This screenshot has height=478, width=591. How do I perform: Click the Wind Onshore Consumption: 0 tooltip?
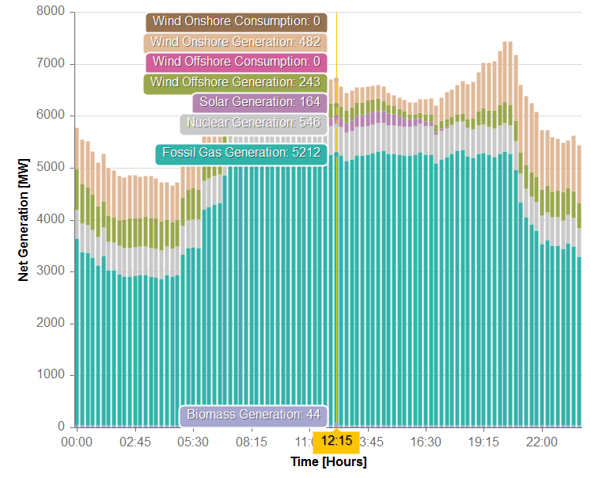click(x=237, y=21)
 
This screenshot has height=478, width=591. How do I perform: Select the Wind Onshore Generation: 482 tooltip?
click(x=236, y=42)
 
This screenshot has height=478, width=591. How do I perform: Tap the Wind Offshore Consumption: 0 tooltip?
click(x=236, y=62)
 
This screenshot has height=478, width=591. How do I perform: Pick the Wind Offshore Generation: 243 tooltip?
click(x=236, y=82)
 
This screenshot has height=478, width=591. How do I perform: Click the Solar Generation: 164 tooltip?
click(x=260, y=102)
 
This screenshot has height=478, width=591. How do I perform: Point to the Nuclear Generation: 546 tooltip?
click(x=253, y=123)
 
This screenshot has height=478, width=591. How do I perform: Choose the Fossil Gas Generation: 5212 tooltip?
click(x=241, y=153)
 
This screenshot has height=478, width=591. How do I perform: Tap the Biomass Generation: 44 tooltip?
click(x=253, y=415)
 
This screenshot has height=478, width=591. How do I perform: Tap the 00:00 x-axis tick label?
click(x=77, y=441)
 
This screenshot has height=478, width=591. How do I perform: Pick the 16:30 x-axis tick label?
click(x=426, y=441)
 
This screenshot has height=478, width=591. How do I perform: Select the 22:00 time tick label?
click(x=542, y=441)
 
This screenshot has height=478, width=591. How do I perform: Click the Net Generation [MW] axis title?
click(x=23, y=220)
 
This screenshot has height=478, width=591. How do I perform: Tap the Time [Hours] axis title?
click(x=328, y=461)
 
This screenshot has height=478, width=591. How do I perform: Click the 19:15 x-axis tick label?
click(x=484, y=441)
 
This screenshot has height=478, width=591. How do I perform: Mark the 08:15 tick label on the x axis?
click(x=251, y=441)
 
